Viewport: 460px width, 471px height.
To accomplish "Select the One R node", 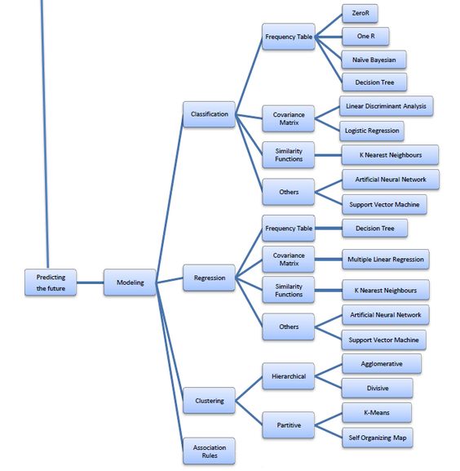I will click(x=365, y=37).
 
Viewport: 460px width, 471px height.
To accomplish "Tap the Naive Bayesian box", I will click(x=374, y=60).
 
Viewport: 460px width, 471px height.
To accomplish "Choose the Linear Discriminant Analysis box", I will click(x=385, y=106).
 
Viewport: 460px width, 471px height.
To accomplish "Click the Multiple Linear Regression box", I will click(x=385, y=260).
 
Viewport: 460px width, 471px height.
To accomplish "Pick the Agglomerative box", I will click(x=381, y=363).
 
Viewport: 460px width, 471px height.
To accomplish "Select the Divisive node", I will click(x=377, y=388).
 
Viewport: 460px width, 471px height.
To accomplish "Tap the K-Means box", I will click(x=376, y=412).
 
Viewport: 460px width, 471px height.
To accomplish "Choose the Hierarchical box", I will click(x=288, y=376).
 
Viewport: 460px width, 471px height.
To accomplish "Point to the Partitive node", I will click(x=288, y=424).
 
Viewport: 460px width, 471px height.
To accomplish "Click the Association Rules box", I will click(x=209, y=451).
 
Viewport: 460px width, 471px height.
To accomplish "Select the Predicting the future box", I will click(x=51, y=282).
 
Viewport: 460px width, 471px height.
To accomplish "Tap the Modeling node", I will click(x=130, y=282).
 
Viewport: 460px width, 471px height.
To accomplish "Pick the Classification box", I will click(x=209, y=113).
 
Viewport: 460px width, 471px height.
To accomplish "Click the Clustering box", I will click(x=209, y=401).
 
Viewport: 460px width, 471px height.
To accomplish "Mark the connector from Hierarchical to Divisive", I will click(x=328, y=382).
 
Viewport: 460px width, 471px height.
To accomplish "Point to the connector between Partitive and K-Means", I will click(x=328, y=419).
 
